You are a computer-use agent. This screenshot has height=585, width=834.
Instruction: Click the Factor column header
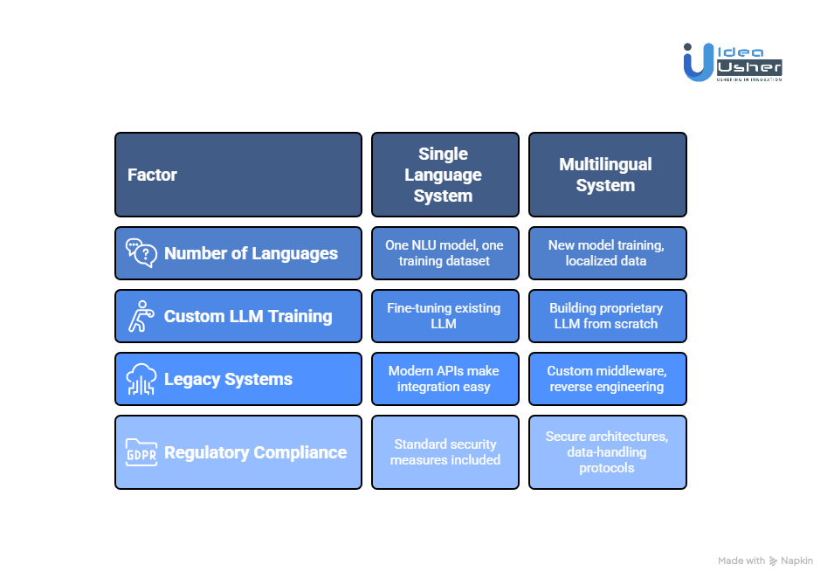coord(238,175)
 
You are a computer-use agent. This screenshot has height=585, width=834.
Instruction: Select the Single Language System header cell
coord(445,175)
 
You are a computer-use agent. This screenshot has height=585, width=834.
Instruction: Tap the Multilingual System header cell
coord(608,175)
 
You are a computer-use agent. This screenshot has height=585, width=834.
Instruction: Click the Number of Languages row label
coord(238,253)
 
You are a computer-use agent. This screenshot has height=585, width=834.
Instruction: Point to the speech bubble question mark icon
coord(141,252)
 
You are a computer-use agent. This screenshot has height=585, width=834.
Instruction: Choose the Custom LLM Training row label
coord(238,316)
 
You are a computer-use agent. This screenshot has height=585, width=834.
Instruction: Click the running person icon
coord(141,316)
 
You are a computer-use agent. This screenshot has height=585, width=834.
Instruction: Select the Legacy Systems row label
coord(238,379)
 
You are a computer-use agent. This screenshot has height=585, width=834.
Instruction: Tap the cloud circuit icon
coord(141,379)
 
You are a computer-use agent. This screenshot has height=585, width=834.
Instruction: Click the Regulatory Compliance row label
coord(238,452)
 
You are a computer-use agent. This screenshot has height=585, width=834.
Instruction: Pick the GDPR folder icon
coord(141,452)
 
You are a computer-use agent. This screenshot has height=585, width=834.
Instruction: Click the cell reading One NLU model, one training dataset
coord(445,253)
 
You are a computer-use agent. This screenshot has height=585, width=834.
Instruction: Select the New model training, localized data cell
coord(608,253)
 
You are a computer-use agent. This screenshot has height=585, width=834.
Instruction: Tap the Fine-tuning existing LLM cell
coord(445,316)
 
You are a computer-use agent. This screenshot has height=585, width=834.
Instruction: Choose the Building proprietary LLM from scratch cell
coord(608,316)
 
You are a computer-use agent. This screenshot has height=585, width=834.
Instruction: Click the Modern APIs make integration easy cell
coord(445,379)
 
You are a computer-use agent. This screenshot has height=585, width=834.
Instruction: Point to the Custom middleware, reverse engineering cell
coord(608,379)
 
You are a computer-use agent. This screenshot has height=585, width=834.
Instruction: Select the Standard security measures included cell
coord(445,452)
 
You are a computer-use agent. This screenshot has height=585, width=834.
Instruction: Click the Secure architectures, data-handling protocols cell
coord(608,452)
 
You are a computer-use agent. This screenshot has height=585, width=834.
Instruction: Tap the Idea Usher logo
coord(733,62)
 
